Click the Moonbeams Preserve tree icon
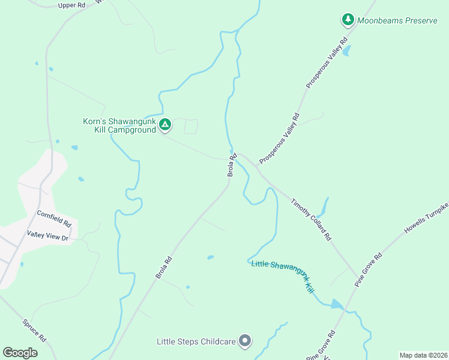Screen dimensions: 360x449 pyautogui.click(x=348, y=20)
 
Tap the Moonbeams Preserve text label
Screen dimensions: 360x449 pyautogui.click(x=397, y=20)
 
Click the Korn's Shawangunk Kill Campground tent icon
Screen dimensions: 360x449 pyautogui.click(x=165, y=125)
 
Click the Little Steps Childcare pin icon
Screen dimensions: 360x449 pyautogui.click(x=244, y=341)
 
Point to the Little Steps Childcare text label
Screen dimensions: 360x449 pyautogui.click(x=195, y=342)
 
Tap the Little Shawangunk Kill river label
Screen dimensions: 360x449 pyautogui.click(x=283, y=275)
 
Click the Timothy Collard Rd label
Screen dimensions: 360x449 pyautogui.click(x=311, y=220)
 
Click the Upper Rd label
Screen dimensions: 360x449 pyautogui.click(x=72, y=5)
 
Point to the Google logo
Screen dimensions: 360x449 pyautogui.click(x=20, y=353)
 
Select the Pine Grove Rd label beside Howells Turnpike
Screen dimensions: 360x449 pyautogui.click(x=368, y=269)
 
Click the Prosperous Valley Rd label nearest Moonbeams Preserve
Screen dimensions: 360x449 pyautogui.click(x=327, y=63)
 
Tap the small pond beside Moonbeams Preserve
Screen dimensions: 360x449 pyautogui.click(x=346, y=50)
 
